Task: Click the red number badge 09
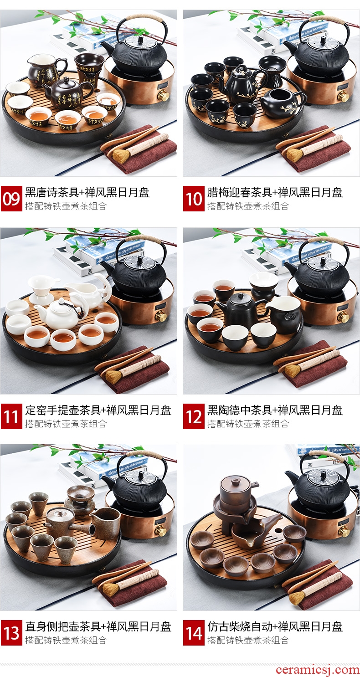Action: pos(11,199)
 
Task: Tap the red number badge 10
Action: pos(194,199)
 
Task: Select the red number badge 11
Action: pos(11,416)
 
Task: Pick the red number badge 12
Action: pos(194,416)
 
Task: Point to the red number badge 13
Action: pos(11,633)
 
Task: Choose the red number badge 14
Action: pos(194,633)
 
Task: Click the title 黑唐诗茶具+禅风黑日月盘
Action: pos(87,193)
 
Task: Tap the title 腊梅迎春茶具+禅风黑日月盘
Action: pos(275,193)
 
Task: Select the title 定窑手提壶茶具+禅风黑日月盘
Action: pos(98,410)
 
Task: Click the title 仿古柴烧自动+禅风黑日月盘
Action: pos(275,626)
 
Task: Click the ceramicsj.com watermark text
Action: pos(317,669)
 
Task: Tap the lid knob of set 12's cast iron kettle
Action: pos(323,260)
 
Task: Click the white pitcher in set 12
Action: pos(283,314)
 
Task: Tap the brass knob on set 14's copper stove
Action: pos(344,530)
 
